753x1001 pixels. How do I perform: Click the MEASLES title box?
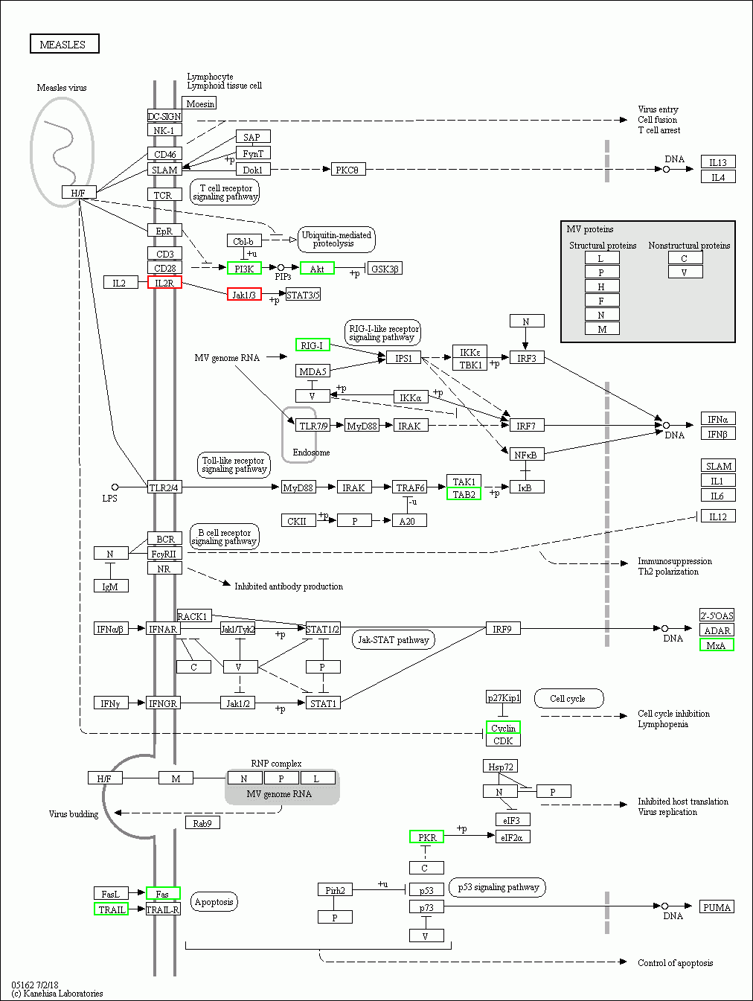pos(64,44)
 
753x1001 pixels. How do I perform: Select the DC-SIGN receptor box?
pos(164,116)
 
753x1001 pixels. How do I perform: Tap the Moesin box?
pos(199,103)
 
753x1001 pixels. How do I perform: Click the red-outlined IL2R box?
pos(164,283)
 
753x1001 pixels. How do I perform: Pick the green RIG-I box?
pos(313,345)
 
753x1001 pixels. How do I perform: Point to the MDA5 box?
pos(313,371)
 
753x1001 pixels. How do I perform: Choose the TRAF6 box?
pos(410,487)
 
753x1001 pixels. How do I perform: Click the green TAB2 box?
pos(464,494)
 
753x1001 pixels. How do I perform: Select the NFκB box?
pos(526,455)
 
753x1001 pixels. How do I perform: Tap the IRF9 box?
pos(502,629)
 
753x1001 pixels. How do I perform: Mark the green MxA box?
pos(717,645)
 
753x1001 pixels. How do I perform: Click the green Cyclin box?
pos(503,728)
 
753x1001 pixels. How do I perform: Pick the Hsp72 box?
pos(500,767)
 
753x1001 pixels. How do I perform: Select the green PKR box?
pos(426,837)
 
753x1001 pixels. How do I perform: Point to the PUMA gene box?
pos(717,907)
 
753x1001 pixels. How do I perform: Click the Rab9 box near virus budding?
pos(202,823)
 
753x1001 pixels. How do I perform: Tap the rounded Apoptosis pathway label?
pos(214,902)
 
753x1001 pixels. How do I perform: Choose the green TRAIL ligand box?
pos(112,909)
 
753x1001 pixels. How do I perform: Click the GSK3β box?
pos(385,269)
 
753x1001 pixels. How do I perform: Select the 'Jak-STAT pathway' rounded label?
pos(393,639)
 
